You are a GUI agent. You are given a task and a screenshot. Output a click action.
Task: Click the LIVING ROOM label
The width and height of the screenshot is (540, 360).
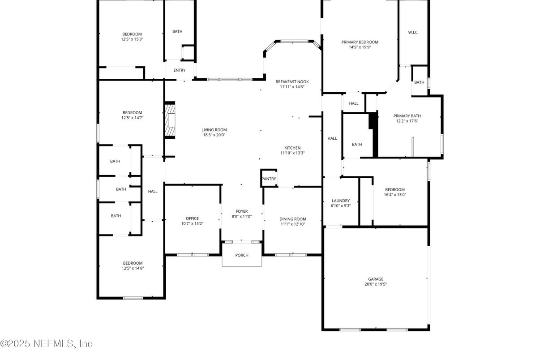pos(214,130)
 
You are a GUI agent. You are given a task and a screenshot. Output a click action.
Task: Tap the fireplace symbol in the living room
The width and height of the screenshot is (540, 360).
pos(170,120)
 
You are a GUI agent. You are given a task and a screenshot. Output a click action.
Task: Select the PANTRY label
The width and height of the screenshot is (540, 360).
pos(269,179)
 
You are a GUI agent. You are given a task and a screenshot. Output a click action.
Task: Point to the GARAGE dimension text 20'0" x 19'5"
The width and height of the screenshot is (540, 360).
pos(376,284)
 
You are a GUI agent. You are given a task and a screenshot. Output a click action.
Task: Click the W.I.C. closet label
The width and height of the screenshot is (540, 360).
pos(413,32)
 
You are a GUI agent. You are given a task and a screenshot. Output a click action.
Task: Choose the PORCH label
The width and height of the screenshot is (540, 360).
pos(242,255)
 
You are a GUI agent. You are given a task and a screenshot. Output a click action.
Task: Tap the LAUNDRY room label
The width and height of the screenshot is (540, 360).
pos(341,201)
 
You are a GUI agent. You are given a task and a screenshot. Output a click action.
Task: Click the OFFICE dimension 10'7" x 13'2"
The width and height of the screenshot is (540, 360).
pos(193,223)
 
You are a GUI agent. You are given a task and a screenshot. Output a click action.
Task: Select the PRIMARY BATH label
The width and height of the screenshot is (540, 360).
pos(407,116)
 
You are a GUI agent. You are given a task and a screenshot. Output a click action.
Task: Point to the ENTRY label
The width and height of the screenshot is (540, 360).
pos(180,70)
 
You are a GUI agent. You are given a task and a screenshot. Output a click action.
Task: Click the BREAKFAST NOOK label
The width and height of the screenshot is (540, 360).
pos(292,82)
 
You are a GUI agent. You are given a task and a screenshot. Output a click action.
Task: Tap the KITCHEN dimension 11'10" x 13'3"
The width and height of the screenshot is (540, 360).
pos(292,153)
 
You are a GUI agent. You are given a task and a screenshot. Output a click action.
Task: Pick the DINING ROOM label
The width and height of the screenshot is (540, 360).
pos(293,219)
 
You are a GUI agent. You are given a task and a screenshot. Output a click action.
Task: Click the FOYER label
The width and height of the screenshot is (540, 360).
pos(242,211)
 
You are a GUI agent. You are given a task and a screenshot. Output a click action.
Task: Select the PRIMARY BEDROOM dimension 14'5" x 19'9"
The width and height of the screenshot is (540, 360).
pos(360,47)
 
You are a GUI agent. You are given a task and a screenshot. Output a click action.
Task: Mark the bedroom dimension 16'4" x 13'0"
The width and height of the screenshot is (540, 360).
pos(395,195)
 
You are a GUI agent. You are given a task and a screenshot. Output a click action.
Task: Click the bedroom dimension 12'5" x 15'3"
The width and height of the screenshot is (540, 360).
pos(132,39)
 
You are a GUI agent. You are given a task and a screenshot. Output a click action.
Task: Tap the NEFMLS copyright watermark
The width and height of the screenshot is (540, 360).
pos(46,343)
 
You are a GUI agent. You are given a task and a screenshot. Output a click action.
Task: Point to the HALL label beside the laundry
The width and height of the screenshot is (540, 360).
pos(332,138)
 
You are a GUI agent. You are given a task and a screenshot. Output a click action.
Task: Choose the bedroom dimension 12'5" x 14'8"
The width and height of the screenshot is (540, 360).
pos(133,268)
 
